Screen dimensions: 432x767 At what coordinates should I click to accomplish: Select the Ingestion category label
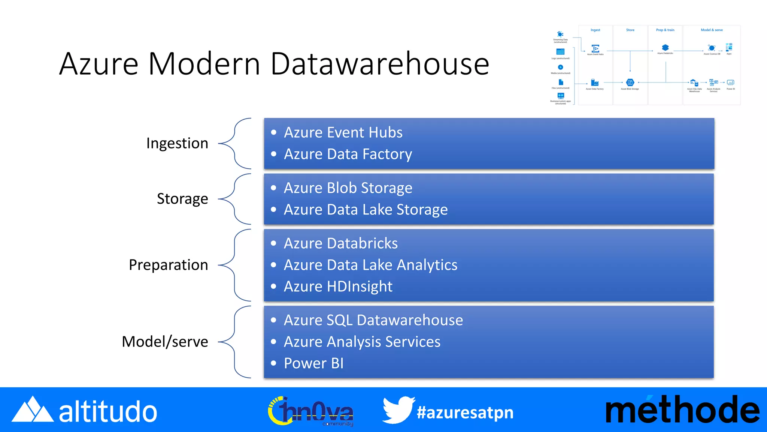[x=177, y=143]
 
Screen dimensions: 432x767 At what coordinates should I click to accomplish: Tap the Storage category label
[x=182, y=199]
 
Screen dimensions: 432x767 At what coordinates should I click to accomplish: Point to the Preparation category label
[x=168, y=265]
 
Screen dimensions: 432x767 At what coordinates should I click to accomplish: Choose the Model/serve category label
[x=165, y=342]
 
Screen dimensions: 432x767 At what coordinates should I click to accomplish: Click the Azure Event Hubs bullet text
[x=343, y=132]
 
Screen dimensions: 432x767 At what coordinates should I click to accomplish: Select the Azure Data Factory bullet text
[x=348, y=154]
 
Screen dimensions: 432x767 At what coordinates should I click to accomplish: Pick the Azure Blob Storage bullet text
[x=348, y=188]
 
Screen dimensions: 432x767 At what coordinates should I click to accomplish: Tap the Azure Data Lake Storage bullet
[x=366, y=210]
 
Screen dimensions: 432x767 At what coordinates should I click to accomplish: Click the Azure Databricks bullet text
[x=341, y=243]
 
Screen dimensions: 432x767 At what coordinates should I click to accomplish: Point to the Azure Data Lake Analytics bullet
[x=370, y=265]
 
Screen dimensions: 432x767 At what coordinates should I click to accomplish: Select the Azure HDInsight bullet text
[x=338, y=286]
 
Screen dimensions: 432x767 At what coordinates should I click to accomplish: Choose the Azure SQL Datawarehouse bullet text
[x=373, y=320]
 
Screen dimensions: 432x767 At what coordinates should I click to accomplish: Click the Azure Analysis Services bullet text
[x=362, y=342]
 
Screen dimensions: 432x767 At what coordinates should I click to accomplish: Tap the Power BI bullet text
[x=314, y=363]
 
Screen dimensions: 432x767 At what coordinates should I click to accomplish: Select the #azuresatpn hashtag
[x=465, y=412]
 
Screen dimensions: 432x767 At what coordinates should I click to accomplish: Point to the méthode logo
[x=682, y=410]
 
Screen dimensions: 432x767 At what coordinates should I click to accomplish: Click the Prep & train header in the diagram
[x=665, y=30]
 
